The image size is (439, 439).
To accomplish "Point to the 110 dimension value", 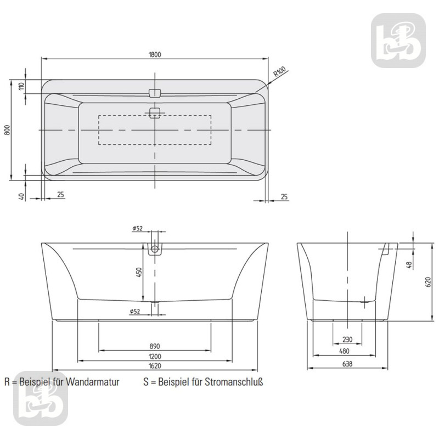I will [22, 87].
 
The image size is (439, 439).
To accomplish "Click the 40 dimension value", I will [22, 195].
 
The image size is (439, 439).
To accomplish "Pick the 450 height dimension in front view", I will [139, 272].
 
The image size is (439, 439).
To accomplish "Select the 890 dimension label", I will [154, 346].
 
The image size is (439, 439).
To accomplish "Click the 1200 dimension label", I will [154, 356].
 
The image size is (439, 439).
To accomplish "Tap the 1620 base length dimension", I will [154, 365].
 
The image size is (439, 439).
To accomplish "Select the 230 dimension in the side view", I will [347, 339].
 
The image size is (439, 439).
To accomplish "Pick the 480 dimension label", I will [347, 352].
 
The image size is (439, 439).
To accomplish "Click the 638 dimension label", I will [347, 364].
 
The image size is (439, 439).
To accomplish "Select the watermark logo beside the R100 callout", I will [399, 41].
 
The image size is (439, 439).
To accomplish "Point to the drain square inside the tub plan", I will [154, 113].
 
